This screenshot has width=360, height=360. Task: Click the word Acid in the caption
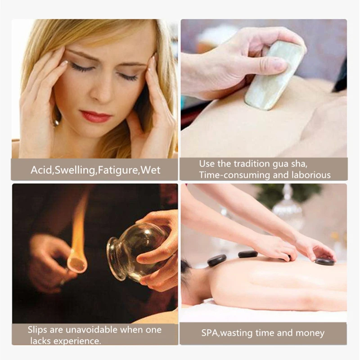(x=41, y=170)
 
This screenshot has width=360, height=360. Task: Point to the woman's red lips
(x=95, y=117)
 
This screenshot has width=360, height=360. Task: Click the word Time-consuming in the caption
(x=232, y=175)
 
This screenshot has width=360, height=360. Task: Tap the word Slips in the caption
(x=37, y=329)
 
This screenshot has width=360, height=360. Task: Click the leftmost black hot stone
(x=217, y=260)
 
